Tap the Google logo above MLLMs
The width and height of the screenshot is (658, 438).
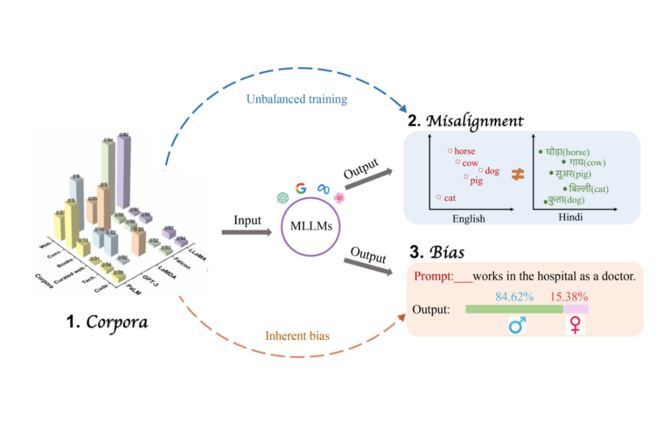click(x=301, y=188)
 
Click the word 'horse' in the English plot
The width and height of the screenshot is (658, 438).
click(x=464, y=151)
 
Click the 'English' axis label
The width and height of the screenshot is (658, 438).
click(x=469, y=219)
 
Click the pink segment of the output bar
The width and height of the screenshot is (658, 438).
click(x=576, y=309)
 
